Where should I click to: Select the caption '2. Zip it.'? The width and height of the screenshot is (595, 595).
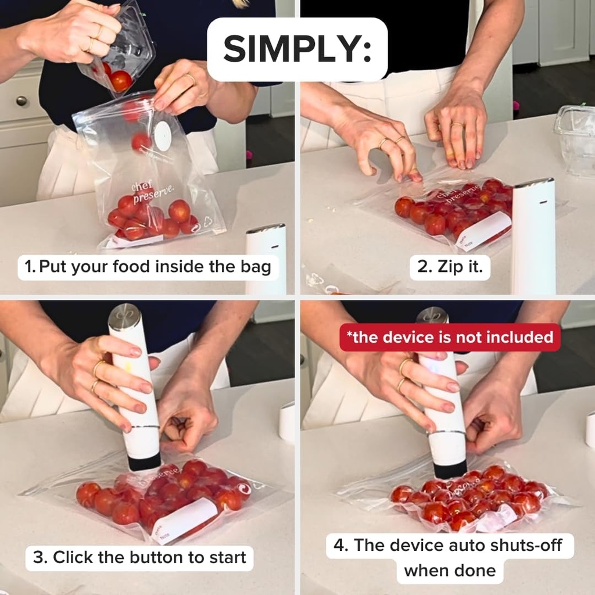pos(446,267)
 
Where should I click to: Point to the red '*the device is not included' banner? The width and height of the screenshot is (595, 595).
pos(450,338)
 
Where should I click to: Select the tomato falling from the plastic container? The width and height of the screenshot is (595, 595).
pos(121,81)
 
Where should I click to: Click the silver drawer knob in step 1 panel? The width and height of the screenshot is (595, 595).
pos(21,101)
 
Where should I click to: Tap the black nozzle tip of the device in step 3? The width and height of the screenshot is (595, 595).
pos(144,462)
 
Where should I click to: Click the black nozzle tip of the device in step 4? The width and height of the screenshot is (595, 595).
pos(450,468)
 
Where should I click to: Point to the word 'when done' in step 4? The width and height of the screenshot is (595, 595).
pos(450,570)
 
